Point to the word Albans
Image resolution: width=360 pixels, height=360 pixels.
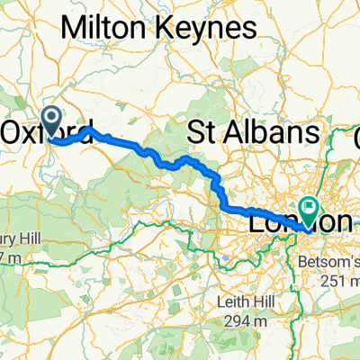pos(268,133)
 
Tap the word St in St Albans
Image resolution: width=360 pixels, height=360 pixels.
pos(201,133)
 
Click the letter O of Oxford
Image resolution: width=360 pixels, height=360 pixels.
pos(13,132)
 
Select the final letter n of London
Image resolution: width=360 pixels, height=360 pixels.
pos(342,220)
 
